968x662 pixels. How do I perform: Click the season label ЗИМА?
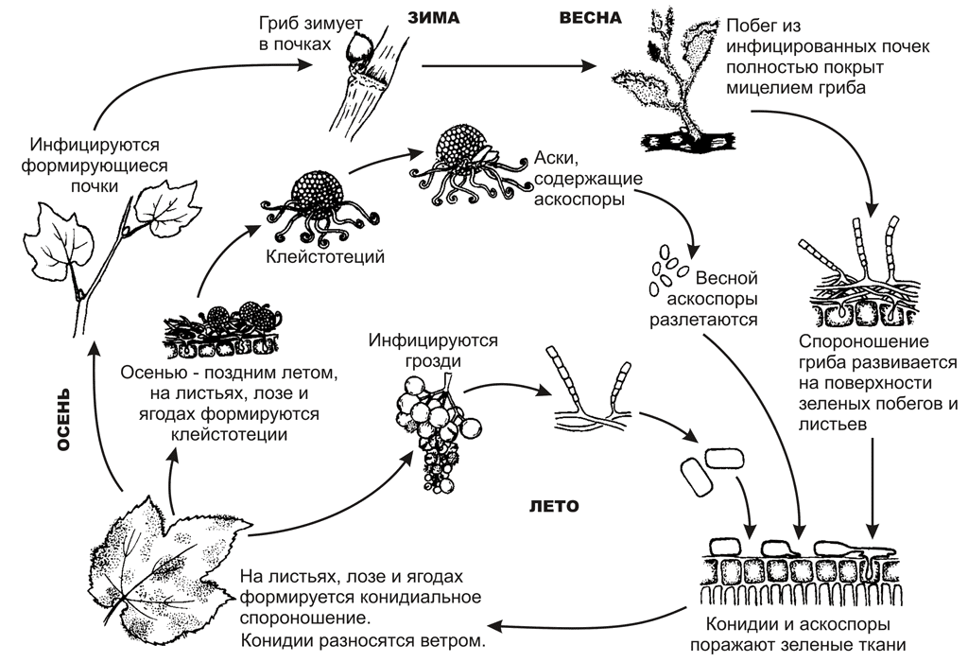coord(433,17)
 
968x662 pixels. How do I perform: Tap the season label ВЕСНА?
coord(590,17)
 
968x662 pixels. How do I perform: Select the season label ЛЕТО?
coord(554,506)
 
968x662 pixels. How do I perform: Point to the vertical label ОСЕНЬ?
coord(63,420)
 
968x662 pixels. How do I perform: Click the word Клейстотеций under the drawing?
coord(325,256)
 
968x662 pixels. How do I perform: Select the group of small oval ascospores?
coord(666,269)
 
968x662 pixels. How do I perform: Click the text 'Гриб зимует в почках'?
coord(310,34)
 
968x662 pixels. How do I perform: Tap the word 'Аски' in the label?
coord(556,158)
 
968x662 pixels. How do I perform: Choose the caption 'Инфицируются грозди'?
coord(433,350)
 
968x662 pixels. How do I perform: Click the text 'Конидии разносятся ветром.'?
coord(363,640)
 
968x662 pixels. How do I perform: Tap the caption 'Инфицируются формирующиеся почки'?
coord(95,165)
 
